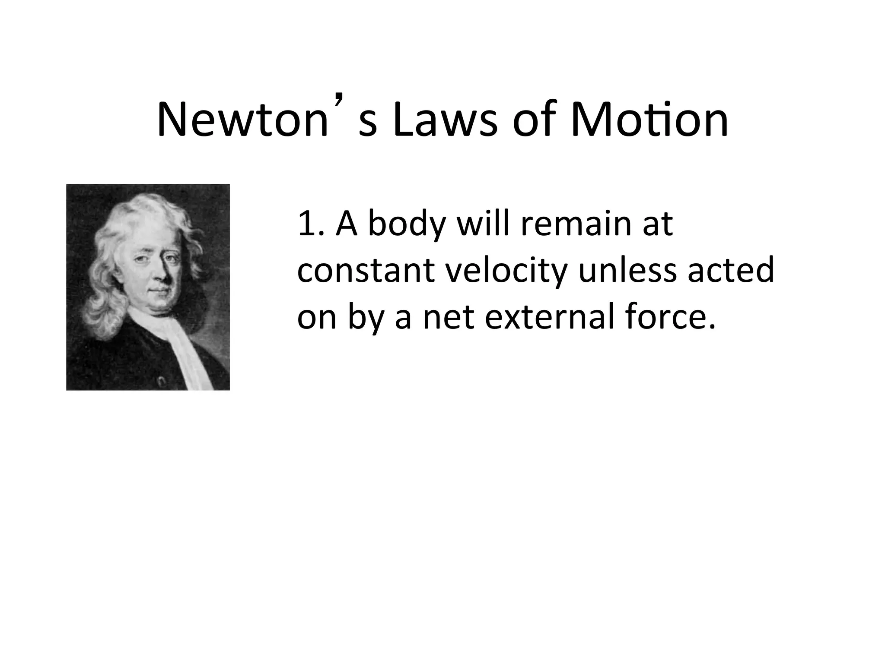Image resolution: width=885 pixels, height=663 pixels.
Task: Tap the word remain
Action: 575,224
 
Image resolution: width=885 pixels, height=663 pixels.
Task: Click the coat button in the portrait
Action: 161,381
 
